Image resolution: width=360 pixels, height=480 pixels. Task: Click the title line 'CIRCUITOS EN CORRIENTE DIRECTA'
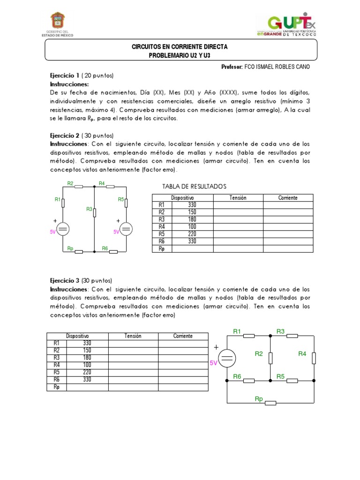coord(180,47)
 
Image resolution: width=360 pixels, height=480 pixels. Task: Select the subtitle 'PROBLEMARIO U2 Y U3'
coord(180,55)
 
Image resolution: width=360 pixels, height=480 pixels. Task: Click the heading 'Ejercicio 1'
coord(65,75)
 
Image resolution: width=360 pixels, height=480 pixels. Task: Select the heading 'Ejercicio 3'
coord(65,281)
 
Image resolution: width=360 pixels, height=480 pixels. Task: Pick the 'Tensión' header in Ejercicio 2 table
coord(238,198)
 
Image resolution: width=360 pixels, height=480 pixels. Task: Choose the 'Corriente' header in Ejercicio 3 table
coord(183,336)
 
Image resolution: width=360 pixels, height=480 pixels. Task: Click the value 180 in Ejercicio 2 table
coord(192,219)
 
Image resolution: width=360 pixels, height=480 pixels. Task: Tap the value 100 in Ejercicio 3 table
coord(87,365)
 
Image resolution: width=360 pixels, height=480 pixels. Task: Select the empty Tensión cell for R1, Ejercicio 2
coord(238,205)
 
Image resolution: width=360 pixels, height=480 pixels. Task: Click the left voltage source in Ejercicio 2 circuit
coord(63,229)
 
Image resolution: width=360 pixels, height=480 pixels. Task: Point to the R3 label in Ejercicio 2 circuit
coord(89,209)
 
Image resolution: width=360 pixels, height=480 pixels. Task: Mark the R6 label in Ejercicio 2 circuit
coord(105,248)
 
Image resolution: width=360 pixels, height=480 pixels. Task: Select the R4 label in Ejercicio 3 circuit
coord(302,354)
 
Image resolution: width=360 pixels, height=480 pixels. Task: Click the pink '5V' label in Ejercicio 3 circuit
coord(213,363)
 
